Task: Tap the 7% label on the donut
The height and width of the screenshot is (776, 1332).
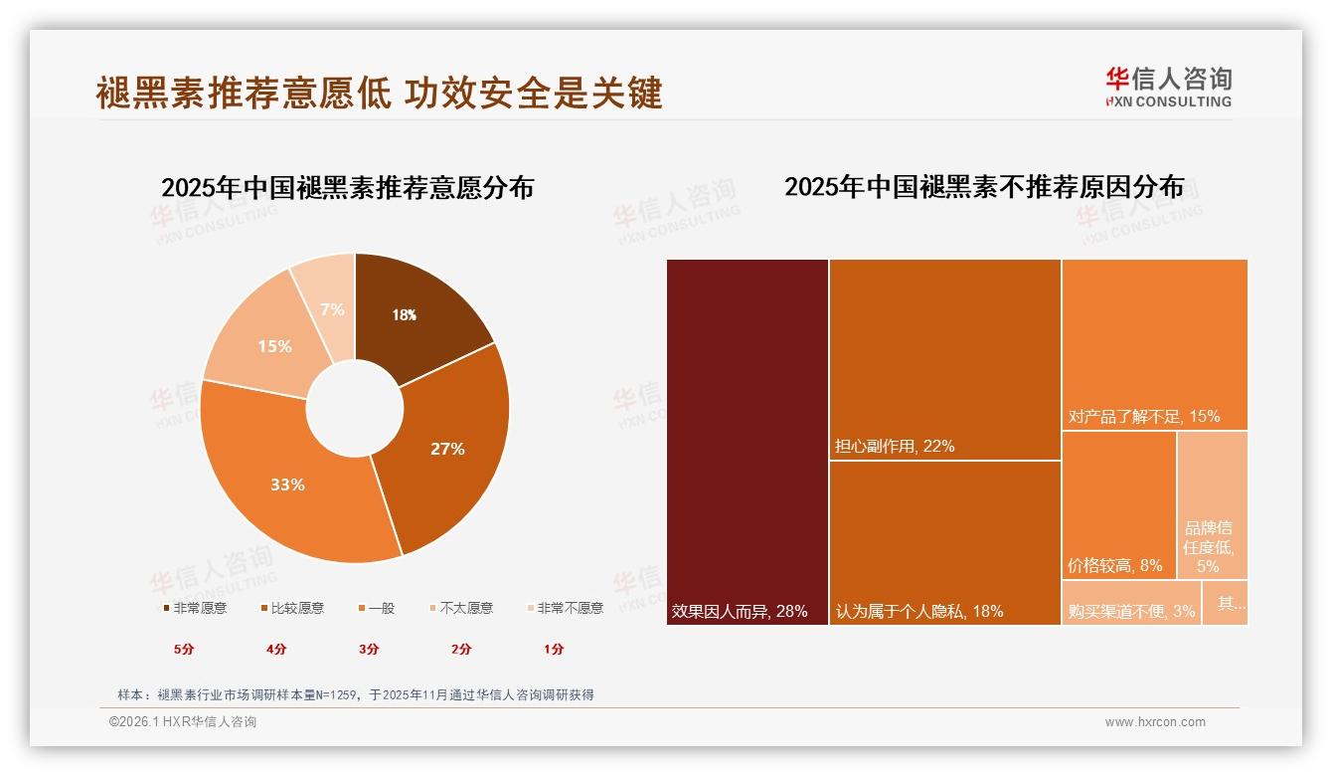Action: (332, 309)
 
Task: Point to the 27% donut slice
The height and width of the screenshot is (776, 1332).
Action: (447, 449)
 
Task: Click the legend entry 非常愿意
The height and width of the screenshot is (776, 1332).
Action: (194, 608)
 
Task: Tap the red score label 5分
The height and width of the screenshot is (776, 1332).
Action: (184, 649)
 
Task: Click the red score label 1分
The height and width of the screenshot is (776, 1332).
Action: (554, 649)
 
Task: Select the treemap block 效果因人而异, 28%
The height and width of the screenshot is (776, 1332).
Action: (748, 443)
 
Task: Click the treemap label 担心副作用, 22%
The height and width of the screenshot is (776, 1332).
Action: (895, 447)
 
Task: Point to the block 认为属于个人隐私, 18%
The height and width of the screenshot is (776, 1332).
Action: (944, 542)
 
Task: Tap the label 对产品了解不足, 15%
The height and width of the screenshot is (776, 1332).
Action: (1143, 417)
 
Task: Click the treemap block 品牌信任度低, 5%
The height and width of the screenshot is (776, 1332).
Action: (1212, 505)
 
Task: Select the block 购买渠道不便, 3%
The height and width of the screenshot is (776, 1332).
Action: (1131, 603)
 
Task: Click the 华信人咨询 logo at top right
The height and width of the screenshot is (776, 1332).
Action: (1168, 87)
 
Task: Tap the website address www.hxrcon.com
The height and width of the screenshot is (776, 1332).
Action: (1155, 722)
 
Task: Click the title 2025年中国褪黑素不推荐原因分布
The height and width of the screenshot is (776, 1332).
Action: (984, 187)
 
